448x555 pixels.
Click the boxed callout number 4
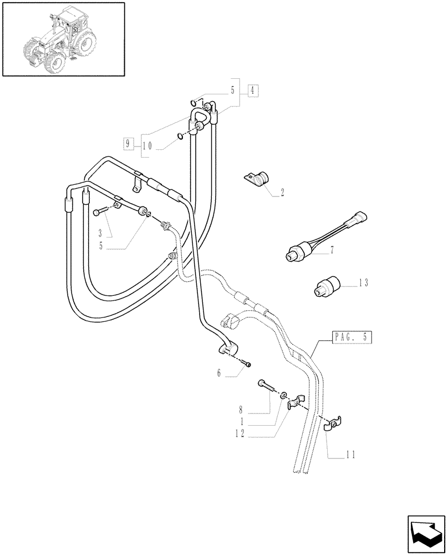coord(252,90)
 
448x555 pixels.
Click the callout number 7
coord(332,251)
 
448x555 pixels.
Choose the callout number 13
coord(363,282)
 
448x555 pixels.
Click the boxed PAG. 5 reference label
coord(352,337)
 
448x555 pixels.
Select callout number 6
coord(220,374)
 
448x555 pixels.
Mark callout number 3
coord(100,232)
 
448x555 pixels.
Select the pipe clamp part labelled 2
coord(256,179)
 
